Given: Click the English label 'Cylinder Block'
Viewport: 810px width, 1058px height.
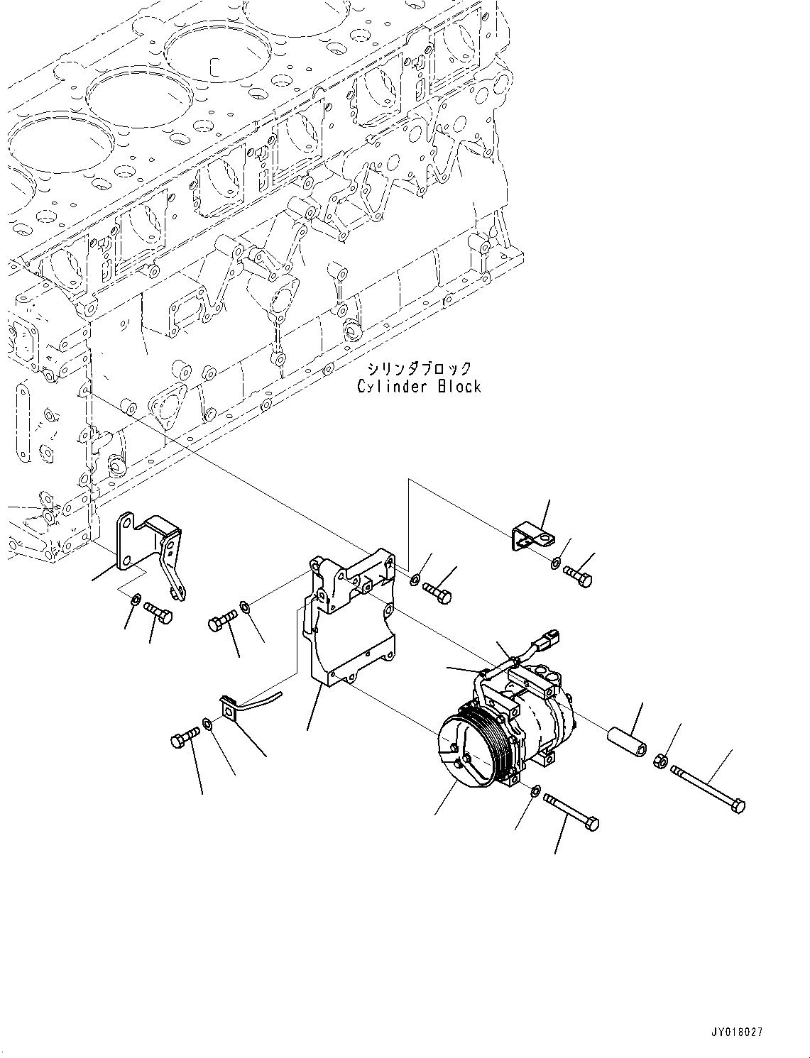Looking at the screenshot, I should (419, 387).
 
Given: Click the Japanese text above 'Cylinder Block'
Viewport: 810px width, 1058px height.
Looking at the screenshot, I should (419, 368).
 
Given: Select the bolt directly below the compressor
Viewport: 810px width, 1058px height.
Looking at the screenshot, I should (571, 811).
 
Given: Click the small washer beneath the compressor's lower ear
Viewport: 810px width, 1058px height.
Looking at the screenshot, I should (535, 789).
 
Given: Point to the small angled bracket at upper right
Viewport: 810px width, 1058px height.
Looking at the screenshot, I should (529, 537).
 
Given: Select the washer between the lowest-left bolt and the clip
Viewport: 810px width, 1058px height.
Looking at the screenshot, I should (207, 724).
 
